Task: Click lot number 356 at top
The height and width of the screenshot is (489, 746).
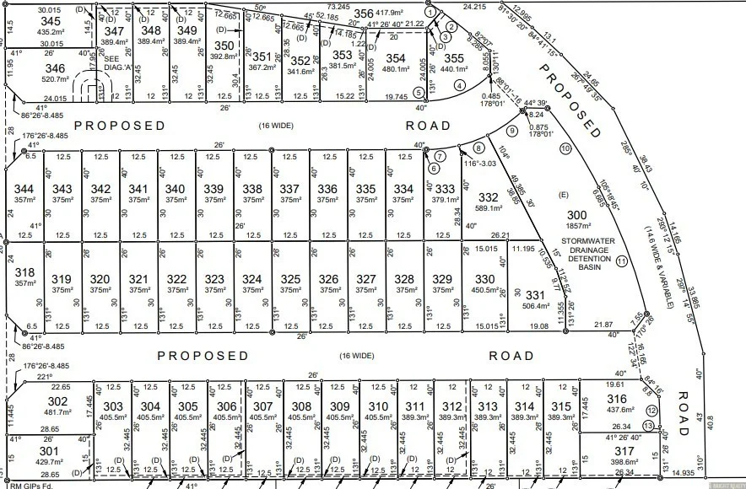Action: [x=364, y=13]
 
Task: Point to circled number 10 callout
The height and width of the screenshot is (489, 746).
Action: [x=565, y=148]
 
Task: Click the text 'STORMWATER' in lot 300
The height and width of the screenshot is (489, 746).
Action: [x=589, y=227]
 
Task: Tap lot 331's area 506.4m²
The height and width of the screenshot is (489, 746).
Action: [x=535, y=307]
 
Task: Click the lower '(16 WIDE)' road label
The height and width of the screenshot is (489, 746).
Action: [x=356, y=356]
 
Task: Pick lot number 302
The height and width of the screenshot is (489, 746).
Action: [x=57, y=401]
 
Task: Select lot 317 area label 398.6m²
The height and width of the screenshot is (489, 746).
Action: [x=624, y=461]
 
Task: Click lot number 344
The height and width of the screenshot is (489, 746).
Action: [x=25, y=188]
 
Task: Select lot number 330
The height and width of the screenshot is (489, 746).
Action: [x=484, y=279]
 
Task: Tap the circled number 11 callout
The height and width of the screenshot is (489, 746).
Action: [x=623, y=261]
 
